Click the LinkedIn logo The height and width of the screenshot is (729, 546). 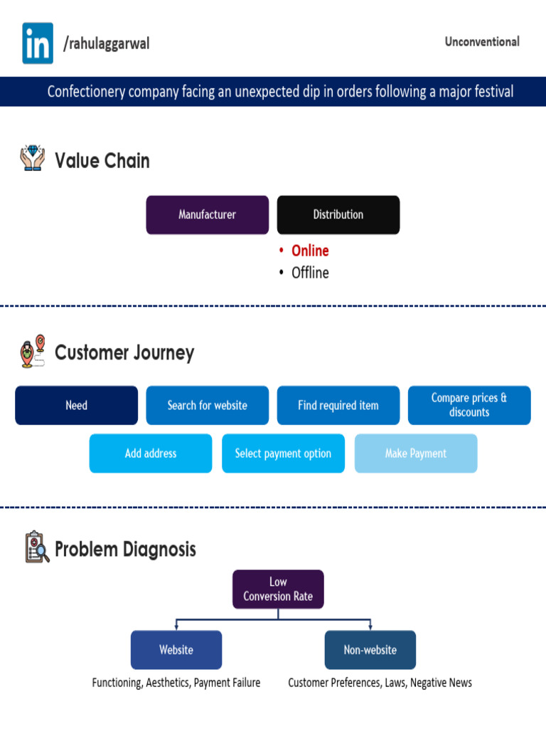click(38, 43)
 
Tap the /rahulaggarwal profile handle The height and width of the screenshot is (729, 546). click(107, 44)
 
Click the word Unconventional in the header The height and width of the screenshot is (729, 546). click(482, 42)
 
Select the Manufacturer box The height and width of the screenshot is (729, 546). click(207, 215)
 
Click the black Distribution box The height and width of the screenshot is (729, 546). click(338, 215)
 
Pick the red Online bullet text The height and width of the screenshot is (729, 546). click(310, 251)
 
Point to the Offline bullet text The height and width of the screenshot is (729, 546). click(310, 273)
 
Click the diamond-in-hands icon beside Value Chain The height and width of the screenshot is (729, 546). click(32, 159)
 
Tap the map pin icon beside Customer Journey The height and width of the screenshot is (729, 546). click(33, 352)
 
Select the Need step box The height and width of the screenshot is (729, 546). click(76, 406)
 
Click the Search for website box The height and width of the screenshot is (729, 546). click(207, 406)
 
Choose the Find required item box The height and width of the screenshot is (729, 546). click(338, 406)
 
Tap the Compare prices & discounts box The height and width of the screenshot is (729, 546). click(469, 406)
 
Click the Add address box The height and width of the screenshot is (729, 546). click(150, 453)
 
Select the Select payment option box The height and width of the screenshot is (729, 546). click(283, 453)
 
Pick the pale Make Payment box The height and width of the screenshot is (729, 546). click(416, 453)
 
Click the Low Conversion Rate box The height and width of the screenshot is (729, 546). click(278, 589)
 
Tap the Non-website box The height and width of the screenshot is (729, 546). click(370, 650)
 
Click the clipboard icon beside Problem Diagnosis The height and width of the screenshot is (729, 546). click(36, 547)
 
